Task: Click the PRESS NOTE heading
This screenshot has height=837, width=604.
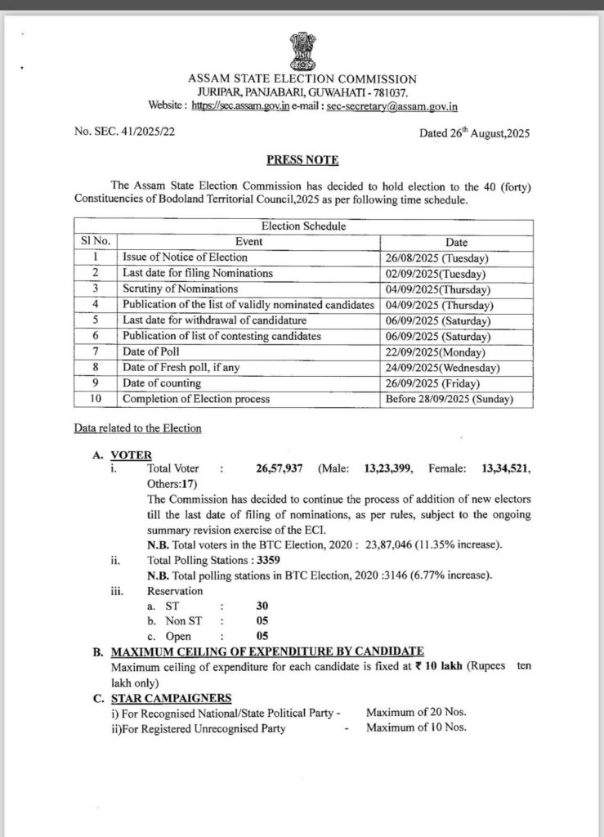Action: pyautogui.click(x=302, y=160)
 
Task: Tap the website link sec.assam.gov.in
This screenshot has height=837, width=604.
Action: pyautogui.click(x=241, y=106)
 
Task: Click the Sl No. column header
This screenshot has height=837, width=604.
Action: pyautogui.click(x=95, y=241)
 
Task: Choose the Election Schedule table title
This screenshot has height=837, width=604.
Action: pyautogui.click(x=303, y=226)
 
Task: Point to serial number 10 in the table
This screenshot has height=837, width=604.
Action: pyautogui.click(x=96, y=399)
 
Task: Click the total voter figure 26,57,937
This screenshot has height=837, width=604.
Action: pyautogui.click(x=280, y=468)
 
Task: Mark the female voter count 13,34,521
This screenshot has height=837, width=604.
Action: pyautogui.click(x=506, y=468)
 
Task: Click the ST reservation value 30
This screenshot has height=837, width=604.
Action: pyautogui.click(x=262, y=606)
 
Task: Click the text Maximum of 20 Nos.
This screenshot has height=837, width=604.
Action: pyautogui.click(x=415, y=713)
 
